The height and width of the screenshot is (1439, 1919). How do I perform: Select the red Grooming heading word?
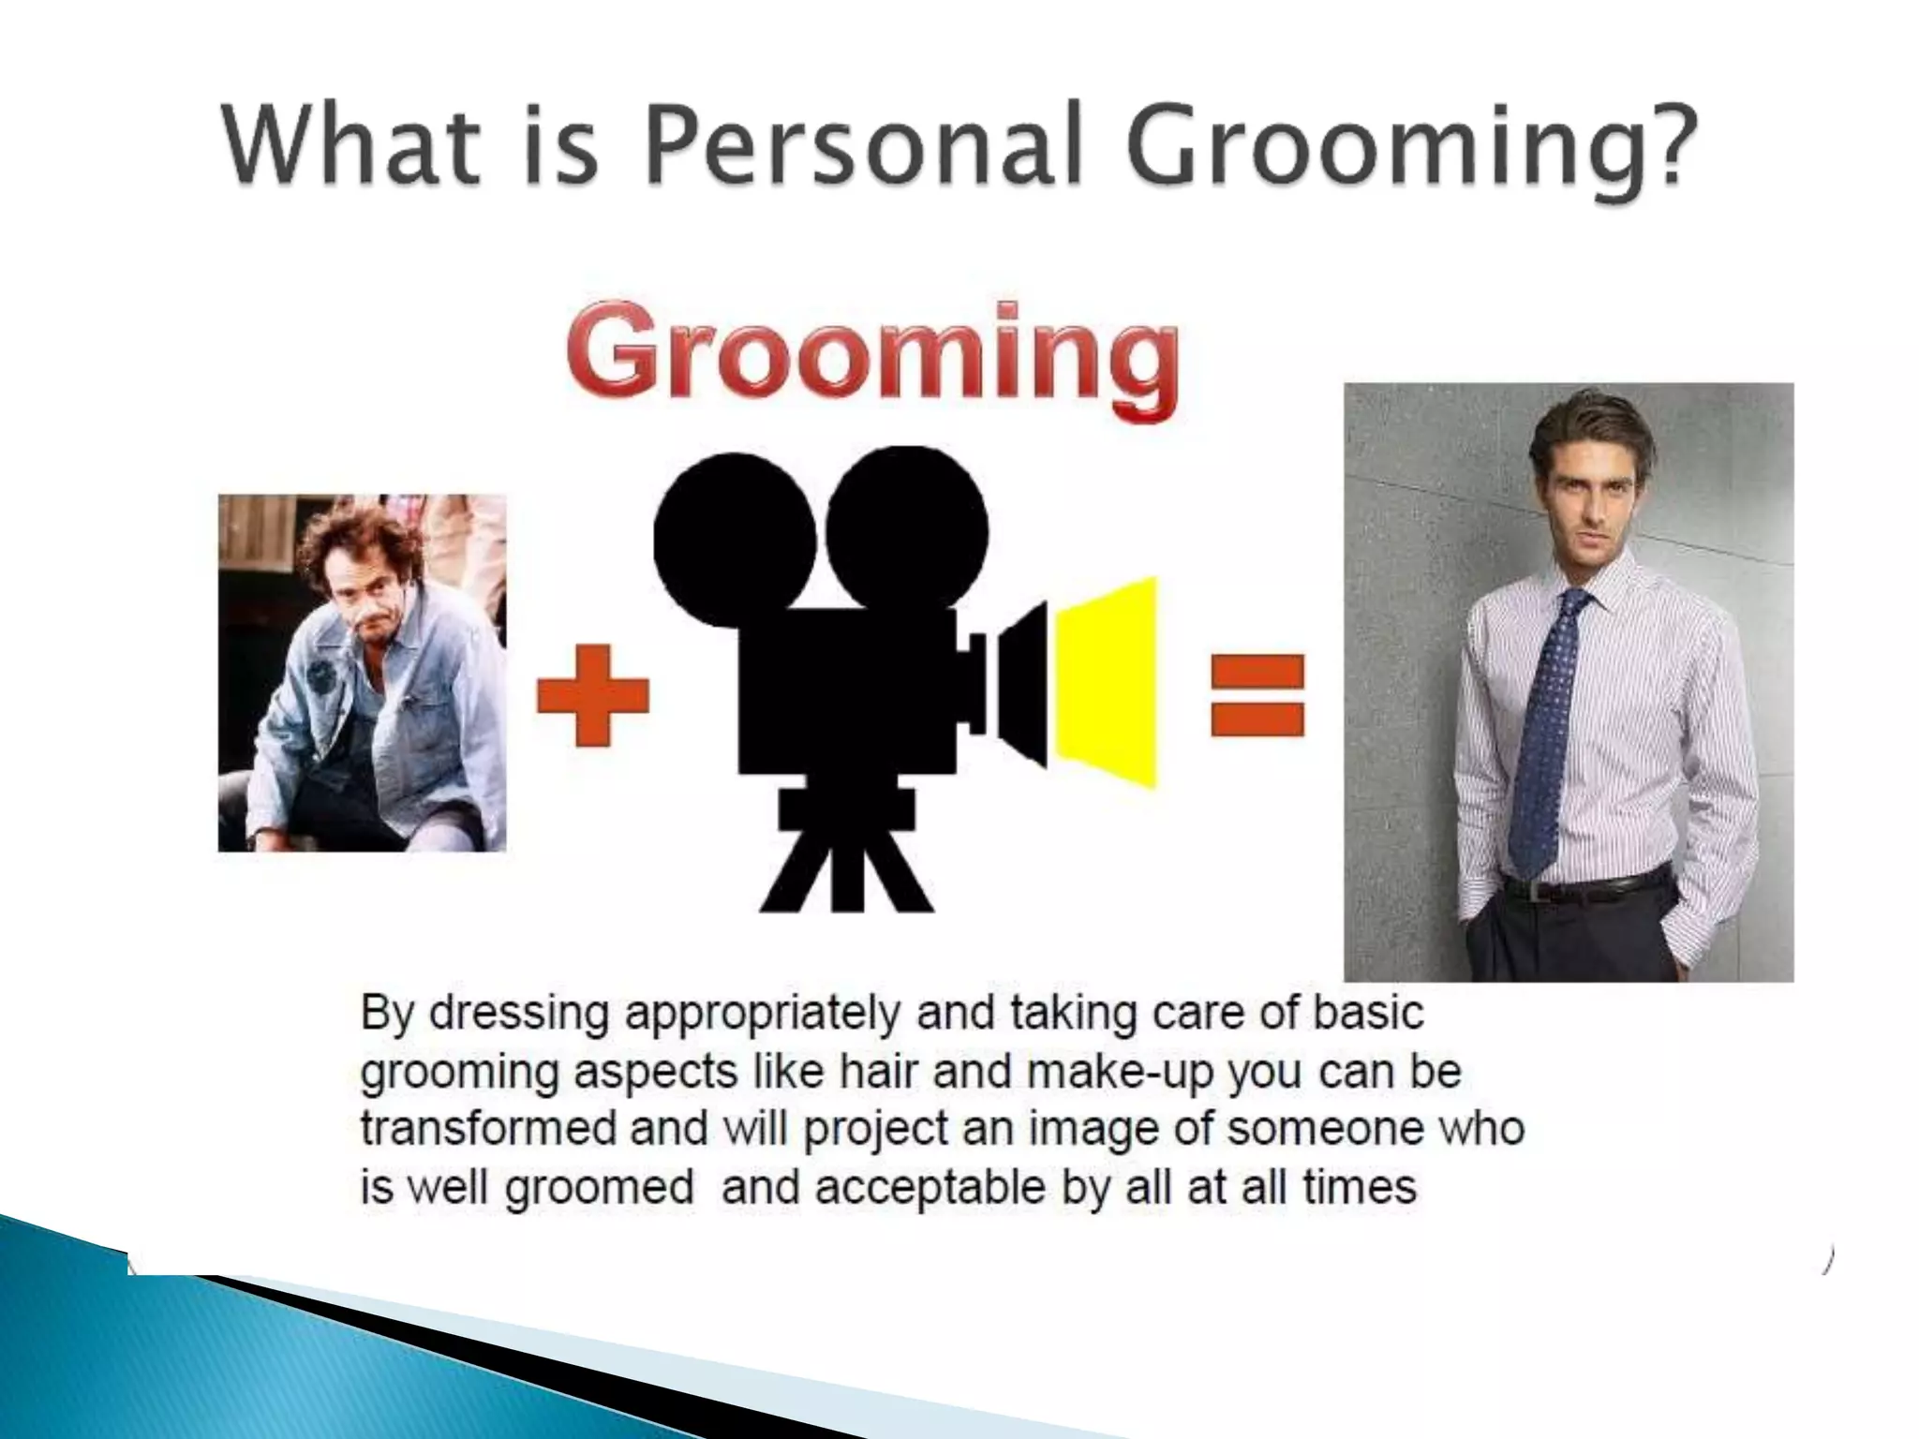(x=871, y=361)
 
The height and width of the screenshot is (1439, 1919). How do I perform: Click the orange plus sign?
(x=592, y=694)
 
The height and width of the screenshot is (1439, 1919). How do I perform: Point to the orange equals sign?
(x=1257, y=694)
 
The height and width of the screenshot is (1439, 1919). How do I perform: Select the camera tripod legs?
(x=846, y=867)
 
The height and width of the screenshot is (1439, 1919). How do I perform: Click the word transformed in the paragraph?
(x=487, y=1129)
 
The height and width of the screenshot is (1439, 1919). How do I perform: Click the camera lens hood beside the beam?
(x=1023, y=684)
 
